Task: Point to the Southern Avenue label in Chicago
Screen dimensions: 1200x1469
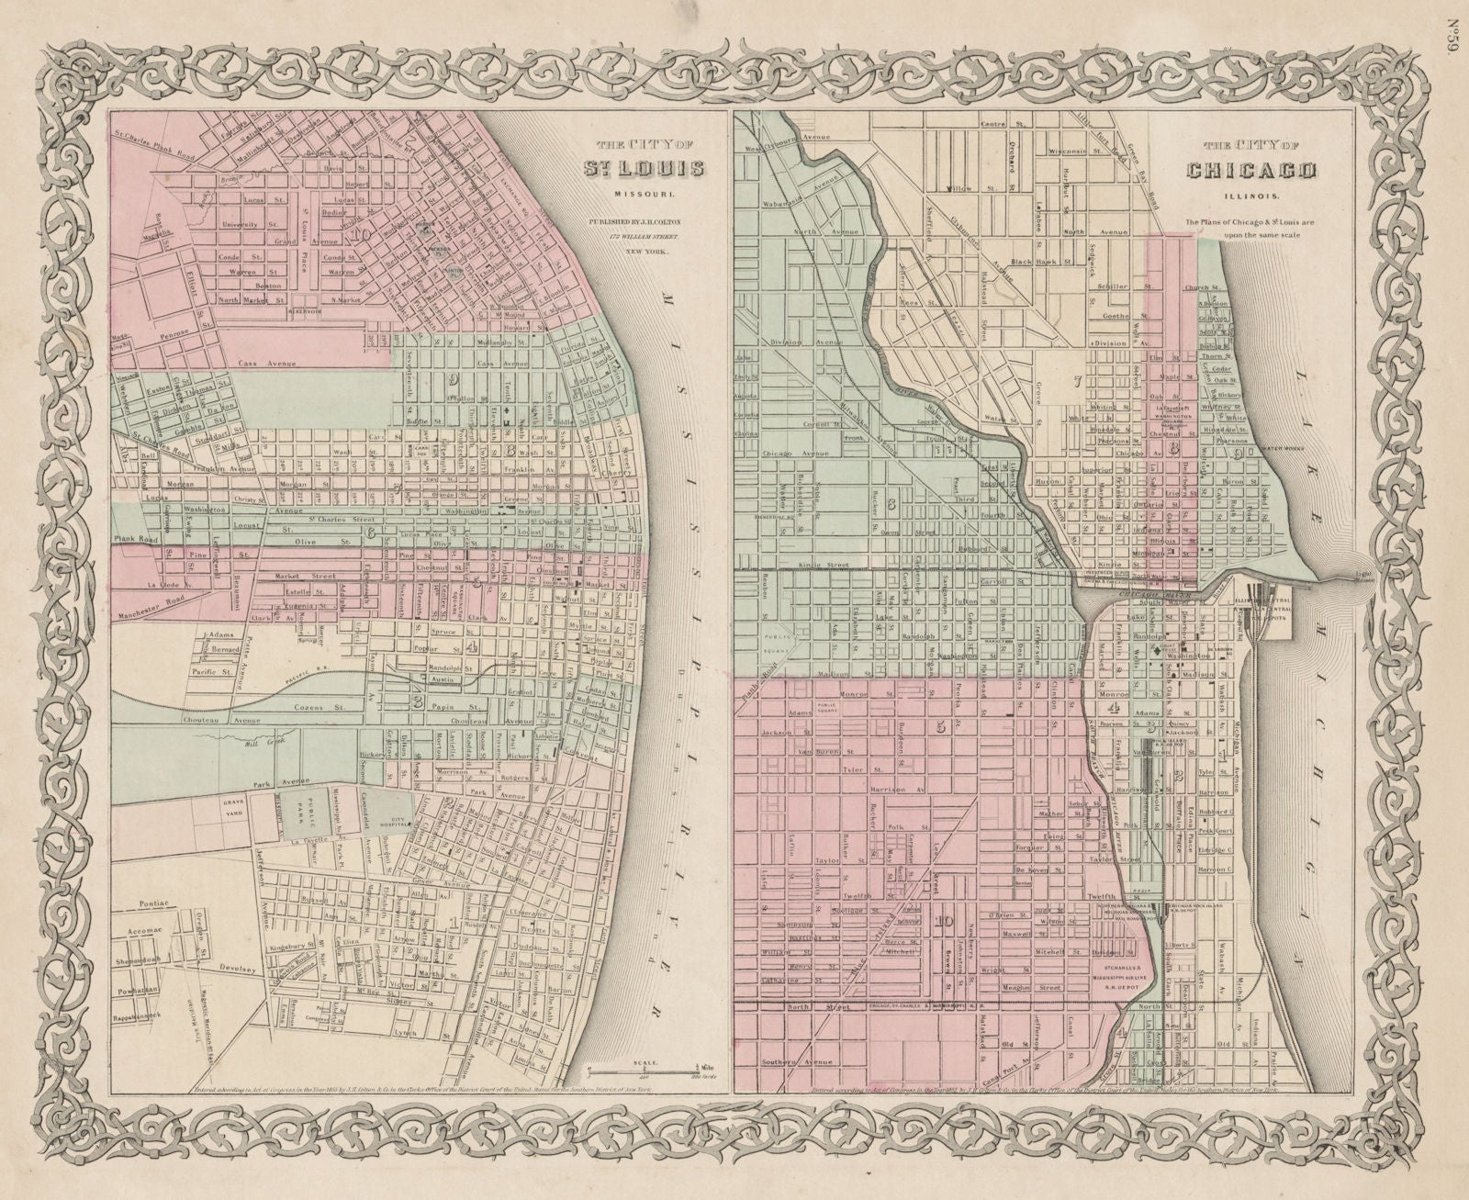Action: point(796,1062)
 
